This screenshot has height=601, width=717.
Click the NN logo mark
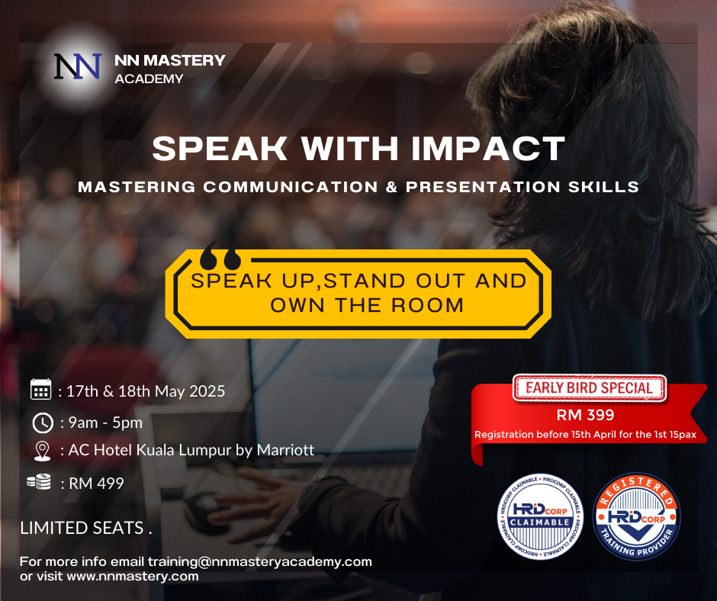click(x=77, y=66)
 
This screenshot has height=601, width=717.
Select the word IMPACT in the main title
click(x=488, y=149)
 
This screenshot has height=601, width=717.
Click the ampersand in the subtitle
click(x=392, y=187)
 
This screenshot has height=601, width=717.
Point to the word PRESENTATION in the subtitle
click(x=483, y=187)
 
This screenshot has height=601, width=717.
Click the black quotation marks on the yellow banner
click(x=220, y=256)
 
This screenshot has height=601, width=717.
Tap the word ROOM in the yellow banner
click(x=428, y=305)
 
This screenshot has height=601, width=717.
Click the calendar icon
click(x=40, y=389)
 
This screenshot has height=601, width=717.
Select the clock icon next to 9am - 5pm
click(x=43, y=423)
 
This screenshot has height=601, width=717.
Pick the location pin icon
click(x=43, y=451)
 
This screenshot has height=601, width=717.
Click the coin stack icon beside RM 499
click(x=39, y=481)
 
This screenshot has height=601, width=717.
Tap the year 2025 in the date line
click(x=207, y=391)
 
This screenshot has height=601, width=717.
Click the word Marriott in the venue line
click(x=285, y=450)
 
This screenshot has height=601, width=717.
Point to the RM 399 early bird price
click(x=585, y=415)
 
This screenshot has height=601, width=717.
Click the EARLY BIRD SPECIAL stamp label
click(x=589, y=388)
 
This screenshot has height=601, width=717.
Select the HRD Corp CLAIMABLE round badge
click(x=540, y=517)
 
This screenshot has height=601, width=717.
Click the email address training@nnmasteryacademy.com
click(x=260, y=561)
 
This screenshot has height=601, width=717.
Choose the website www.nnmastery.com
click(x=133, y=577)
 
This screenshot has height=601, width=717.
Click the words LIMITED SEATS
click(x=82, y=529)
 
